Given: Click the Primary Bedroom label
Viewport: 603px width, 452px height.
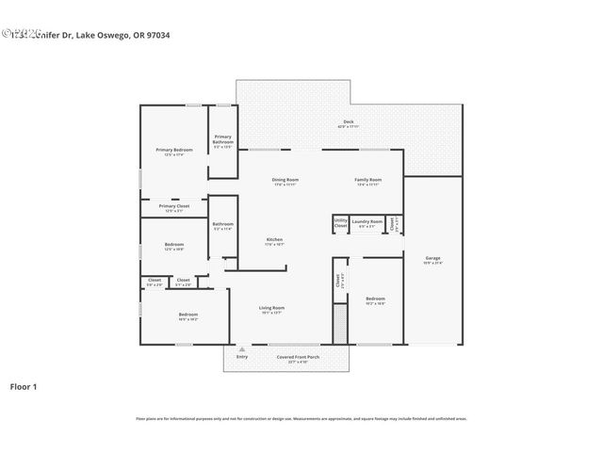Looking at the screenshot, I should pyautogui.click(x=174, y=151).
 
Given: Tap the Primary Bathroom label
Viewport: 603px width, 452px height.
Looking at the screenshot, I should pyautogui.click(x=223, y=141).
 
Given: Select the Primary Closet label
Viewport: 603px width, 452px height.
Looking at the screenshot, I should pyautogui.click(x=174, y=206).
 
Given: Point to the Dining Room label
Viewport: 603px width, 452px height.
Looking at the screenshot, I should pyautogui.click(x=285, y=180).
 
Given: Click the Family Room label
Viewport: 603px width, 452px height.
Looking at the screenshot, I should pyautogui.click(x=367, y=180).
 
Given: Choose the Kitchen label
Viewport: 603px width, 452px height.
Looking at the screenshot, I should pyautogui.click(x=274, y=240).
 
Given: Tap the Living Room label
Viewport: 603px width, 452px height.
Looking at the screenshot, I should pyautogui.click(x=272, y=308).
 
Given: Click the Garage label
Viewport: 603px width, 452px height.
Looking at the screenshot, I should pyautogui.click(x=432, y=258).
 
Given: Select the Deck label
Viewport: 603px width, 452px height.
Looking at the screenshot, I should pyautogui.click(x=349, y=121).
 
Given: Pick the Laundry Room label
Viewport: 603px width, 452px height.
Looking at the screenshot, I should pyautogui.click(x=367, y=221).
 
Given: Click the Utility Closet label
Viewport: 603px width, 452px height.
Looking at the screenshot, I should pyautogui.click(x=340, y=224).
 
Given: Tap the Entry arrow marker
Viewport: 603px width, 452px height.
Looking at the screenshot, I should pyautogui.click(x=242, y=349).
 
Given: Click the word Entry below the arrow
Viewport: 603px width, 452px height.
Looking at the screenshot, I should pyautogui.click(x=242, y=357).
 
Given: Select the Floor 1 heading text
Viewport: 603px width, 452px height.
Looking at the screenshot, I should pyautogui.click(x=24, y=386).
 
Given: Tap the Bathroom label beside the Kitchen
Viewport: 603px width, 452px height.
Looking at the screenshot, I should pyautogui.click(x=222, y=224).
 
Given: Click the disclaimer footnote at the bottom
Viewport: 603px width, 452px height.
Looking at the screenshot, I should pyautogui.click(x=301, y=419).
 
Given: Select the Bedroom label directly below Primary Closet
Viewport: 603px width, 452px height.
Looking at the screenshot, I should pyautogui.click(x=174, y=245).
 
